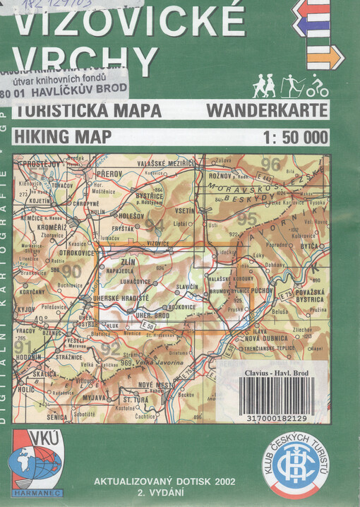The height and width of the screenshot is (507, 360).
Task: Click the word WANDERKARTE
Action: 268,111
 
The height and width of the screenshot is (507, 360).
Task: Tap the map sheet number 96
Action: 270,165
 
